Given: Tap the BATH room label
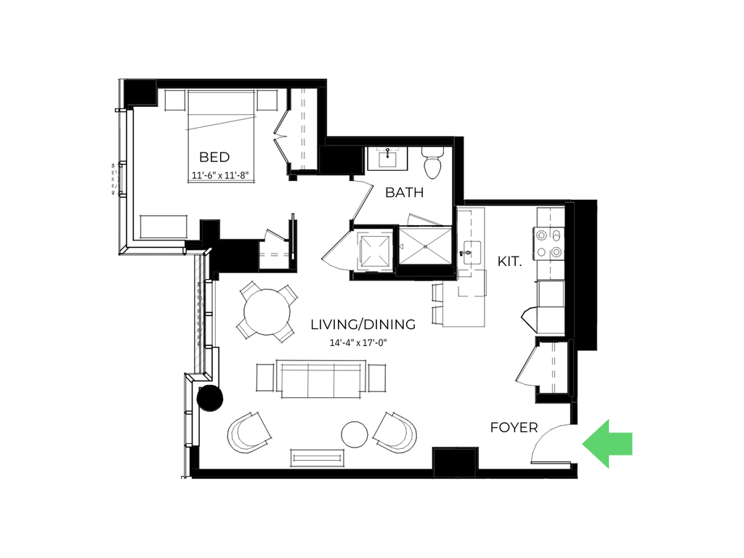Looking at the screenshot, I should click(x=403, y=193).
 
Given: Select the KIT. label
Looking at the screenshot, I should click(x=510, y=262).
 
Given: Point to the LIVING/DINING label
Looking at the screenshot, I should click(x=359, y=325).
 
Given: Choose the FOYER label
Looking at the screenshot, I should click(x=514, y=428).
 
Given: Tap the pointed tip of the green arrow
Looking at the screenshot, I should click(x=583, y=443).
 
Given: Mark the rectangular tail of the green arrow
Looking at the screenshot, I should click(x=623, y=443).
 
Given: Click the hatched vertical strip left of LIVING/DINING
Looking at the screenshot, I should click(x=199, y=314).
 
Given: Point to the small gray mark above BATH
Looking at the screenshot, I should click(x=387, y=150).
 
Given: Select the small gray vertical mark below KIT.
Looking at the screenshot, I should click(x=537, y=320).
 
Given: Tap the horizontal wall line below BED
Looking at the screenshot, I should click(x=153, y=254).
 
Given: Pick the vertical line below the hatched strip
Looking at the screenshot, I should click(x=185, y=425).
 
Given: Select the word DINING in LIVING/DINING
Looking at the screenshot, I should click(x=387, y=325).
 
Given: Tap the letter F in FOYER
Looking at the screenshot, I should click(x=494, y=428).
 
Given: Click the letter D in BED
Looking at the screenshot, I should click(x=225, y=158).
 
